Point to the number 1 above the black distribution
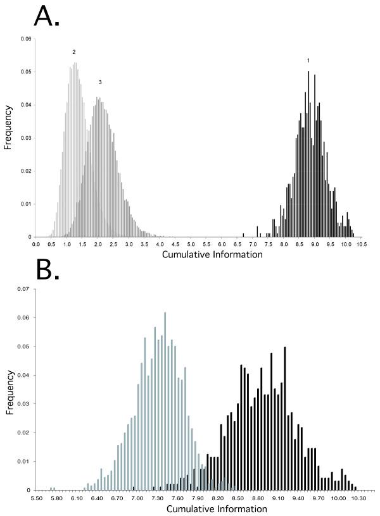[x=308, y=61]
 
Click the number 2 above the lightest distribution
[x=74, y=52]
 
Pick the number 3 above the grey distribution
[x=100, y=83]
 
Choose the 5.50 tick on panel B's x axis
[x=37, y=498]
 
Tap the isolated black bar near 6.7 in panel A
[x=243, y=235]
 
